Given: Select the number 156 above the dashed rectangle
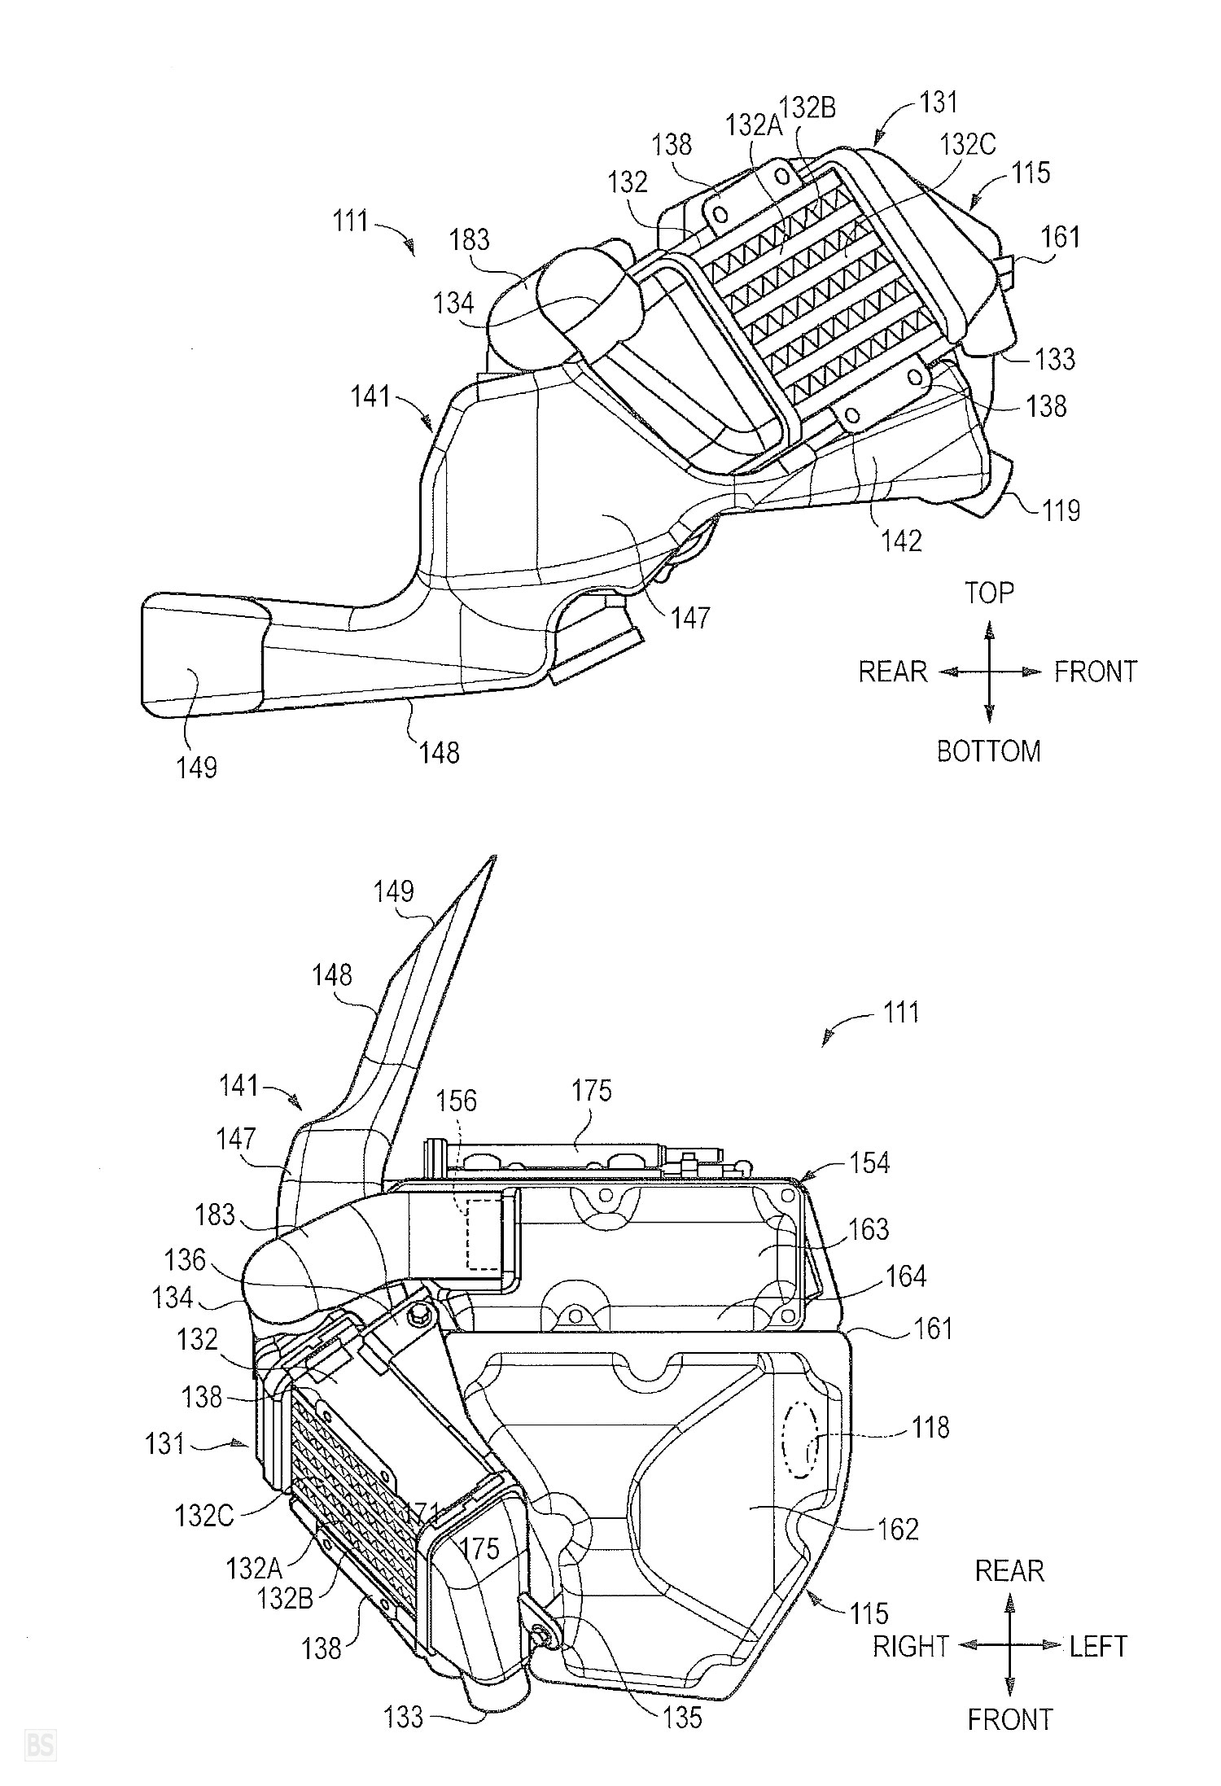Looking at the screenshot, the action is (x=456, y=1101).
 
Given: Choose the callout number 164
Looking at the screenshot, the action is (x=905, y=1276).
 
